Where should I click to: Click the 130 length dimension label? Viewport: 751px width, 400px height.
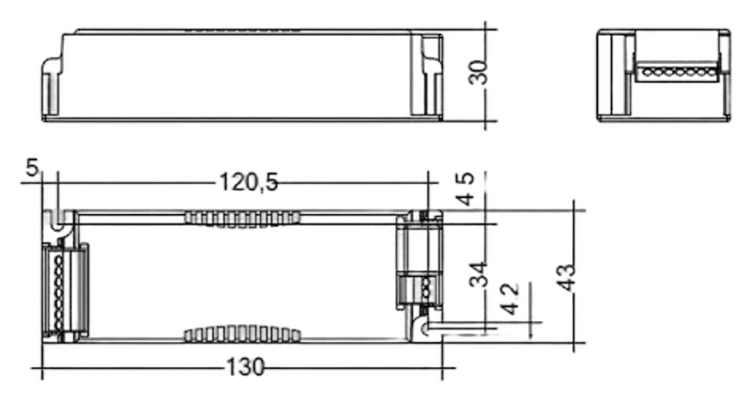click(245, 367)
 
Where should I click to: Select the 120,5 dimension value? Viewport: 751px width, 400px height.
click(249, 182)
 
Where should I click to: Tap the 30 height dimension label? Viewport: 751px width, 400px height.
click(478, 72)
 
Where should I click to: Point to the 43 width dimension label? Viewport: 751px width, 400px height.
click(567, 277)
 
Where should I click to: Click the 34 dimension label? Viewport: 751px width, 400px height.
click(478, 274)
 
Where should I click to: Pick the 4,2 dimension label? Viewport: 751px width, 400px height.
click(510, 299)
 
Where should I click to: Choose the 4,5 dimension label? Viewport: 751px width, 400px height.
click(465, 189)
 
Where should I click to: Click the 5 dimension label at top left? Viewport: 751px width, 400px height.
click(32, 168)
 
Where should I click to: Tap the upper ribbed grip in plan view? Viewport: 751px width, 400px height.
click(242, 219)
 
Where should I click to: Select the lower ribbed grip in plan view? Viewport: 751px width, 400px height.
click(242, 334)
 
